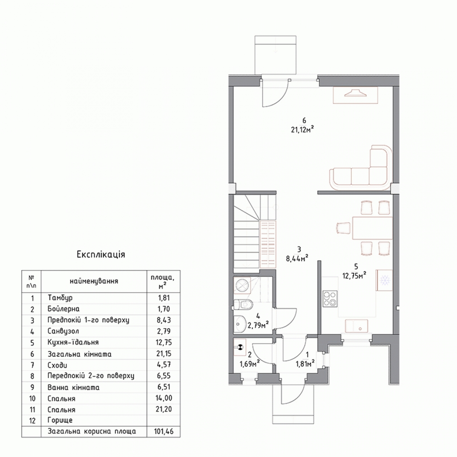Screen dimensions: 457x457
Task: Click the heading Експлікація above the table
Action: point(101,254)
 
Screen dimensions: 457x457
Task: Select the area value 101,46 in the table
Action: point(164,431)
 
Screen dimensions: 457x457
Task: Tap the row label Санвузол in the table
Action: point(63,331)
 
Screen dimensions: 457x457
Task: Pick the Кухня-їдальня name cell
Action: point(73,342)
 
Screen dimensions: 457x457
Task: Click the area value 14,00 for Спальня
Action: point(164,398)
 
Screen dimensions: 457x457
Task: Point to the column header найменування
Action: point(94,281)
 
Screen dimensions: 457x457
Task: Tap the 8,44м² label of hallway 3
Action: point(297,258)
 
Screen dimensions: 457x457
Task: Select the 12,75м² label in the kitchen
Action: point(354,276)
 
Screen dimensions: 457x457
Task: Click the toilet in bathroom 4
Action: point(243,304)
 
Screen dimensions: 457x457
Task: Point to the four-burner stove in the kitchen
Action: point(330,299)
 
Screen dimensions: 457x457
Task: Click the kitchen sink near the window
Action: point(356,326)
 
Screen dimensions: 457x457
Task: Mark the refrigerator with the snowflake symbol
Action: point(384,280)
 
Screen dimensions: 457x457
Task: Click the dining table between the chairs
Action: point(372,228)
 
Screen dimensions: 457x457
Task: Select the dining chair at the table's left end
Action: point(343,228)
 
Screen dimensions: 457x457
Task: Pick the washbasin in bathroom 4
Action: point(240,323)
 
